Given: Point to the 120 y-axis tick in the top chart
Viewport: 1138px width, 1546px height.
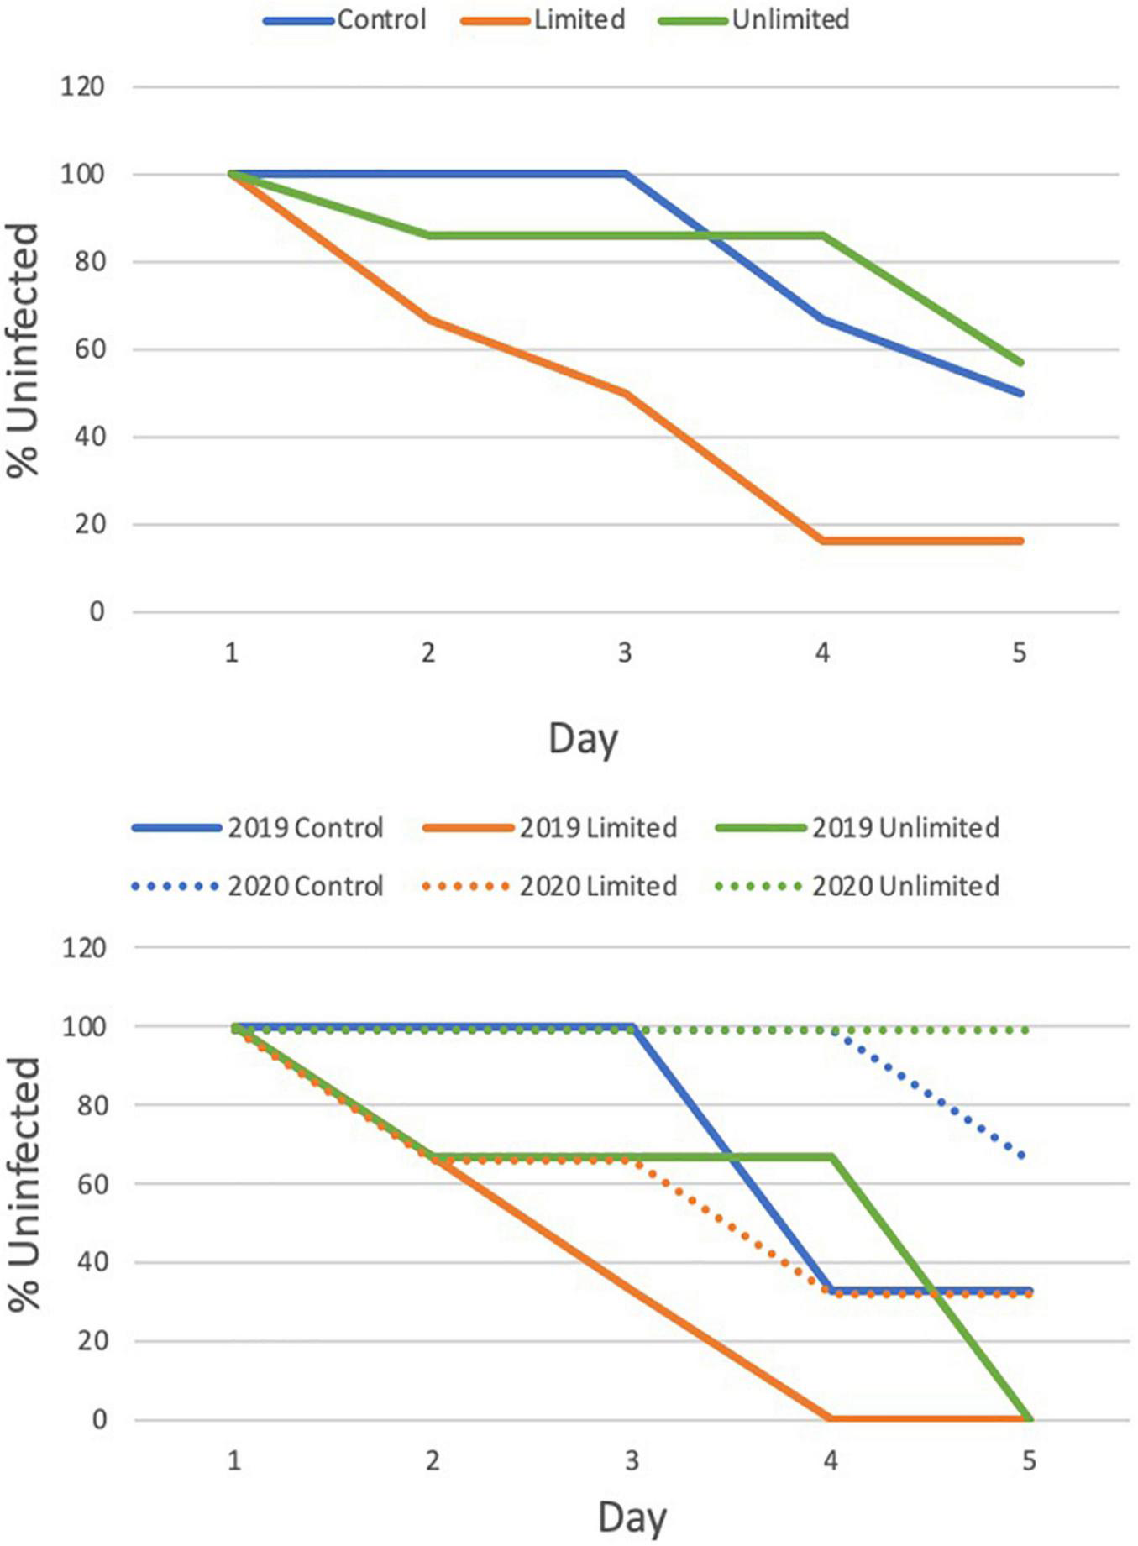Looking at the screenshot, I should click(x=82, y=86).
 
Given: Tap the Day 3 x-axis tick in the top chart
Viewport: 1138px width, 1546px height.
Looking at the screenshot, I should click(x=625, y=652).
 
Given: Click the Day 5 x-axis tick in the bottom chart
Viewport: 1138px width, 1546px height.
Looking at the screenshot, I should click(x=1029, y=1461).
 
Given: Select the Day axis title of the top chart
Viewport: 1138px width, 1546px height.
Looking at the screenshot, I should click(x=583, y=739).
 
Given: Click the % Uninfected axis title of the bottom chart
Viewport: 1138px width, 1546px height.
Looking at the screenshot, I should click(x=25, y=1184).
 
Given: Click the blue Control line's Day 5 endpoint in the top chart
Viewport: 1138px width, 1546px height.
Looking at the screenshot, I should click(x=1021, y=393).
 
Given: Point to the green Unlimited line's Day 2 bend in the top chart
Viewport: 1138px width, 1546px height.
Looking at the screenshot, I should click(x=428, y=235).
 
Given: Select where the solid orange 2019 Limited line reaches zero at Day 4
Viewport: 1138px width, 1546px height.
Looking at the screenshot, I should click(x=831, y=1418).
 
